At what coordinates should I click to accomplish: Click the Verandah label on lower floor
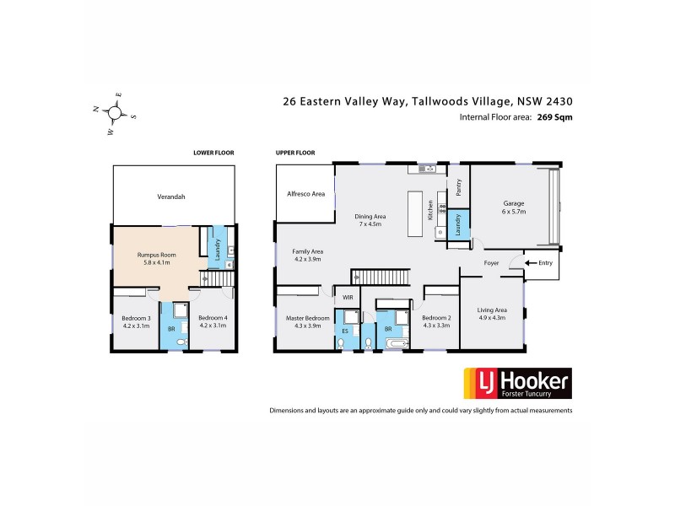[x=170, y=196]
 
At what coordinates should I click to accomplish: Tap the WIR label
[x=347, y=297]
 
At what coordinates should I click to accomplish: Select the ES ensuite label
[x=344, y=331]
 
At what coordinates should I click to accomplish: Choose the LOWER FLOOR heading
[x=213, y=153]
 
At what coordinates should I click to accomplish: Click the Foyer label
[x=491, y=263]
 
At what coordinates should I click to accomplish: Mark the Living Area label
[x=492, y=314]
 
